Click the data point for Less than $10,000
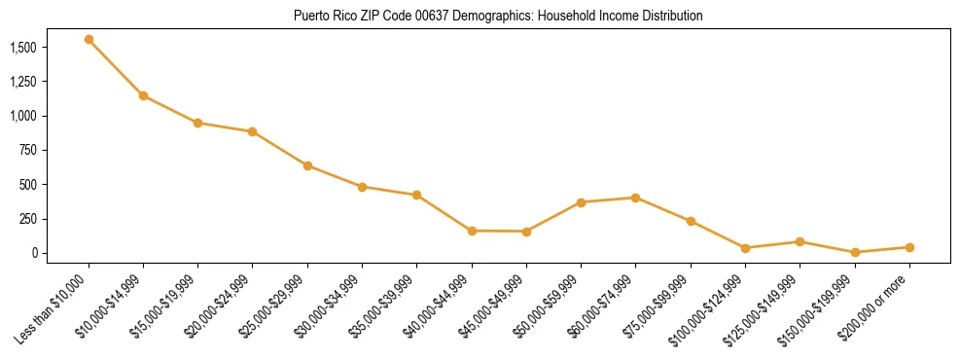point(89,40)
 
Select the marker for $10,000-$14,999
point(143,95)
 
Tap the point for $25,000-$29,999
point(307,165)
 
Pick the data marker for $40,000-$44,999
point(472,231)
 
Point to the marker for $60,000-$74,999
point(635,198)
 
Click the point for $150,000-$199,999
point(855,252)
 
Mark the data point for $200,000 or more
point(909,247)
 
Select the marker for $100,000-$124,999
point(745,248)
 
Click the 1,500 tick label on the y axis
point(22,47)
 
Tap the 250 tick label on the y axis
point(27,219)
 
